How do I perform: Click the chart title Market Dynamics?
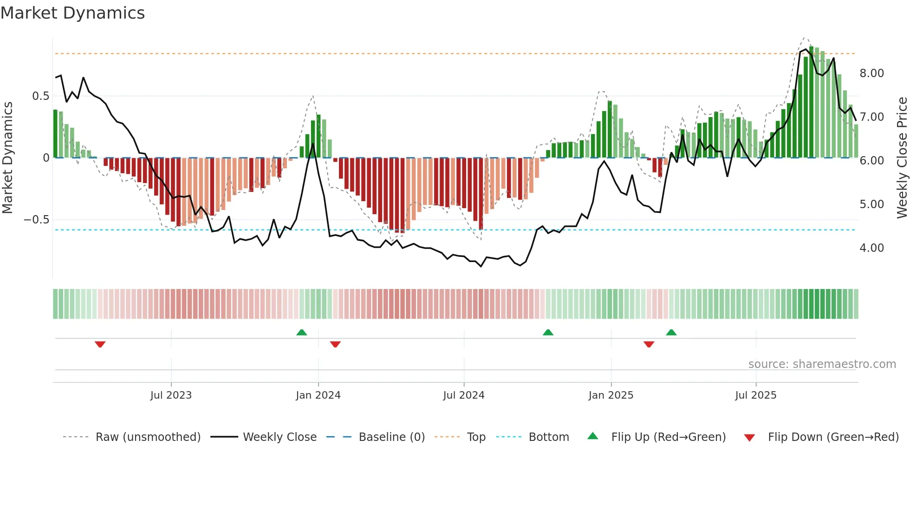72,13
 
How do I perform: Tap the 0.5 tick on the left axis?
40,96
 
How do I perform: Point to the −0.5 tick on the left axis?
37,220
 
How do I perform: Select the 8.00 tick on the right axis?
871,73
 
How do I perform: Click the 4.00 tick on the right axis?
871,248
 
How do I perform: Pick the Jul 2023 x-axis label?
171,395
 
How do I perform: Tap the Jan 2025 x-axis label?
611,395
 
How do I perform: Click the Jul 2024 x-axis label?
463,395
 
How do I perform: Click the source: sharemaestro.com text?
822,364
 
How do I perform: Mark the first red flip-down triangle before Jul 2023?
100,344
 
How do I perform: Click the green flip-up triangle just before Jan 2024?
302,332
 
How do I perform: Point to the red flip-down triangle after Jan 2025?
649,344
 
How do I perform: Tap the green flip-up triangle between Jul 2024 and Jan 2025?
548,332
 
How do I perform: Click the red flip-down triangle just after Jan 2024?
335,344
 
